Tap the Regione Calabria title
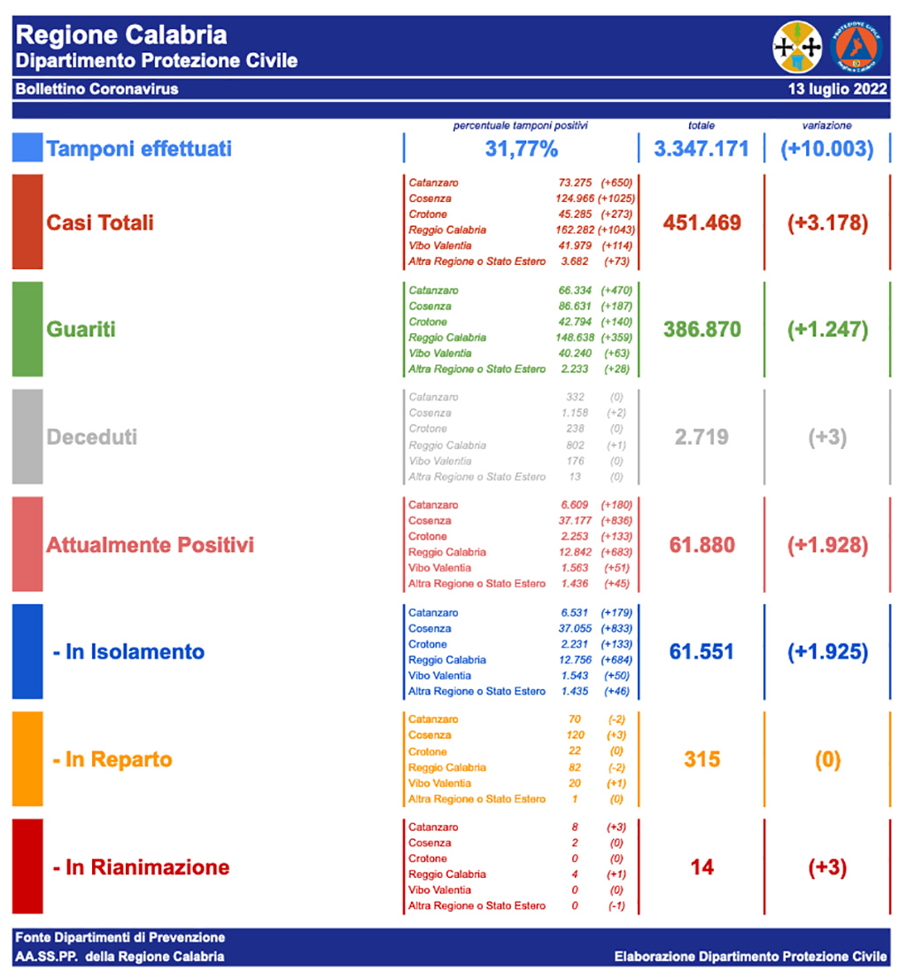(x=121, y=35)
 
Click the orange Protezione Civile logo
(x=857, y=47)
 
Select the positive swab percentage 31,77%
(x=521, y=149)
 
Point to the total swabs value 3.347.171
(x=702, y=149)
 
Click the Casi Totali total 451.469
(x=702, y=222)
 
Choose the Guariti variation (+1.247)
(x=827, y=330)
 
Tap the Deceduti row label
(x=92, y=437)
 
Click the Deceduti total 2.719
(x=702, y=437)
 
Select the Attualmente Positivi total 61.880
(x=702, y=545)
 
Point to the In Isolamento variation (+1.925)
(x=827, y=652)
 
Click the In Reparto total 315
(x=702, y=760)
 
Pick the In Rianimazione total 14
(x=702, y=867)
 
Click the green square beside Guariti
(x=27, y=330)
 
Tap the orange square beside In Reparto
(x=27, y=759)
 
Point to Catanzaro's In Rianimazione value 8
(x=576, y=827)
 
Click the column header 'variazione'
(x=827, y=126)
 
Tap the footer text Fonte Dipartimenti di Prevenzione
(x=120, y=937)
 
